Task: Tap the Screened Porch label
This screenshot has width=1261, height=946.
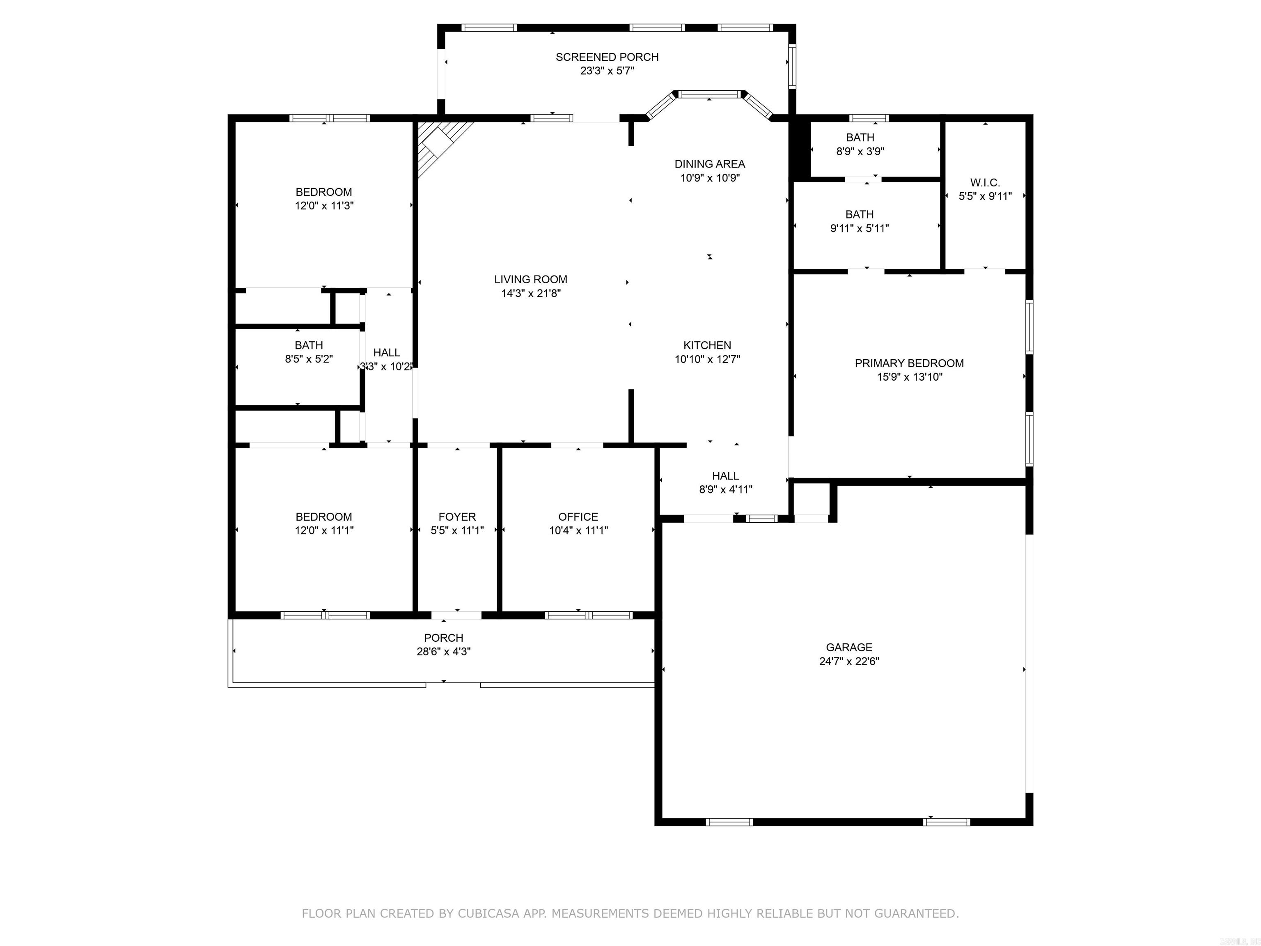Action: pyautogui.click(x=607, y=57)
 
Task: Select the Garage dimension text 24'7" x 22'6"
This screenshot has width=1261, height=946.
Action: pyautogui.click(x=849, y=661)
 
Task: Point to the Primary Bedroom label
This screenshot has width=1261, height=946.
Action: pyautogui.click(x=909, y=363)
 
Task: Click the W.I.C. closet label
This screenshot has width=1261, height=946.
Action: pyautogui.click(x=985, y=182)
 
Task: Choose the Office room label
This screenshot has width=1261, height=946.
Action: pyautogui.click(x=578, y=517)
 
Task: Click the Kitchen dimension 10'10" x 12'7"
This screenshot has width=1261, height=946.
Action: pyautogui.click(x=707, y=359)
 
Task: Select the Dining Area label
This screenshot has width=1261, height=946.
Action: pyautogui.click(x=710, y=164)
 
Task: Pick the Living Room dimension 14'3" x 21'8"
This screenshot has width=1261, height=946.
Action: pyautogui.click(x=531, y=294)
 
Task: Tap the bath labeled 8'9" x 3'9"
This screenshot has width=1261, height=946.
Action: pyautogui.click(x=860, y=138)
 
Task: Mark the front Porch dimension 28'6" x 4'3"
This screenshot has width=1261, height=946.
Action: pyautogui.click(x=443, y=652)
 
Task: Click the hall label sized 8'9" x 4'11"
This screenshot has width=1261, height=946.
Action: pyautogui.click(x=725, y=475)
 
